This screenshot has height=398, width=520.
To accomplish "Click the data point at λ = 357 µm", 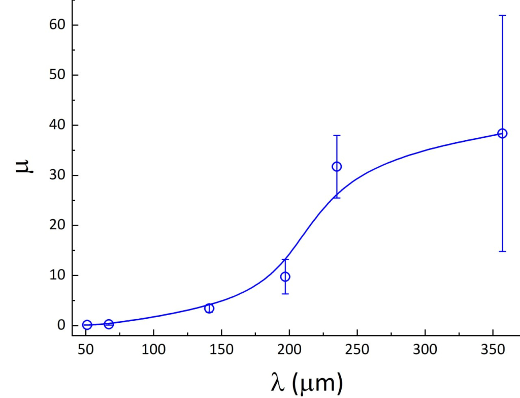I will tap(502, 133).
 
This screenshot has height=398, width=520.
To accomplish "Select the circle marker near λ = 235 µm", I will tap(337, 166).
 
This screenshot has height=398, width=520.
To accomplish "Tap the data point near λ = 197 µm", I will tap(285, 277).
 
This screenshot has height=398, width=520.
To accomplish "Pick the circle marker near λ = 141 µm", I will tap(209, 308).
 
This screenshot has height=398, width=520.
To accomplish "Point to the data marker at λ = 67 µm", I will tap(109, 324).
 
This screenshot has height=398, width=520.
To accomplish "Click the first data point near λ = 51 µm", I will tap(87, 325).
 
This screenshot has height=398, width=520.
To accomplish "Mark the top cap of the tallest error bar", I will tap(502, 16).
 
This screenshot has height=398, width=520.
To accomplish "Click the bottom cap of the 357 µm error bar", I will tap(502, 251).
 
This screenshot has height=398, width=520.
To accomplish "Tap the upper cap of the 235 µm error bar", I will tap(337, 135).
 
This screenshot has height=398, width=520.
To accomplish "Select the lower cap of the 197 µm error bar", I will tap(285, 294).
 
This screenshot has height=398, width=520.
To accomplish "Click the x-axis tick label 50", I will tap(86, 350).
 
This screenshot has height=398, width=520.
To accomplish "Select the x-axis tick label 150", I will tap(221, 350).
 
